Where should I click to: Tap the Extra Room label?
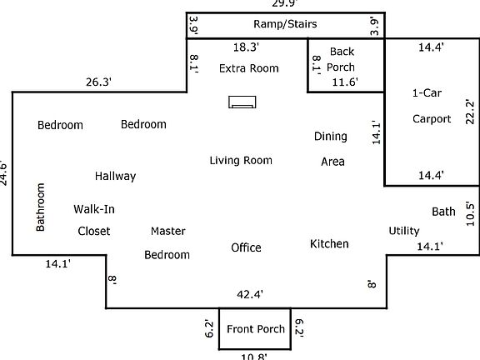tap(248, 68)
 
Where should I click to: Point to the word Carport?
tap(432, 119)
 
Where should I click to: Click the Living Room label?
tap(241, 160)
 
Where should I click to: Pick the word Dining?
tap(331, 137)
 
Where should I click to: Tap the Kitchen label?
tap(329, 244)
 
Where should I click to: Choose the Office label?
tap(246, 247)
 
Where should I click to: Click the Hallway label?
tap(115, 177)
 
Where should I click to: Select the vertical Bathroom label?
tap(40, 207)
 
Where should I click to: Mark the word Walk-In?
tap(94, 209)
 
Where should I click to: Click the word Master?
tap(167, 231)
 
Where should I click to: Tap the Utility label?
tap(404, 231)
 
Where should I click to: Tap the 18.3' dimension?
tap(247, 47)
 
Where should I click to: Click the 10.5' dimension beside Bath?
tap(470, 213)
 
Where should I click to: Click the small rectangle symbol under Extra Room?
tap(242, 102)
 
